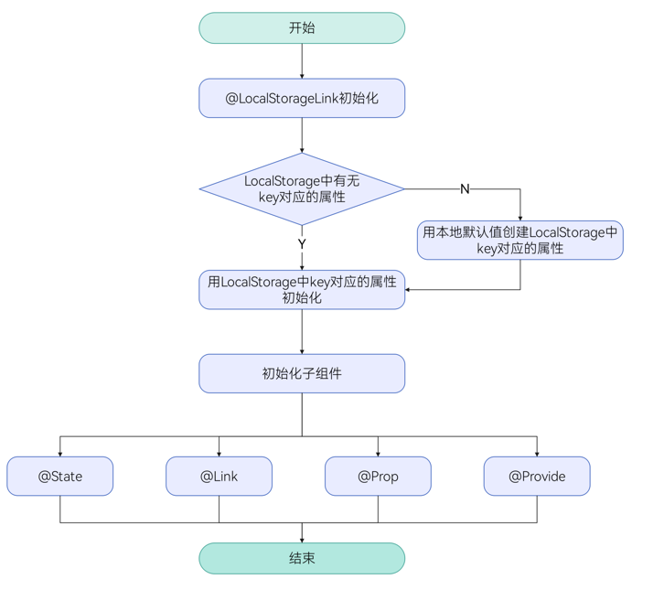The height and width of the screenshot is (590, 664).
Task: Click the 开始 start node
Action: [302, 28]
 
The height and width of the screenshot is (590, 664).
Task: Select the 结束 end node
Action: [302, 558]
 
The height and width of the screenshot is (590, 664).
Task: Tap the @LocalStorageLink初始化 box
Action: [302, 98]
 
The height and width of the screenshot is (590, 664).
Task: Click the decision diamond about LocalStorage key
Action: [302, 189]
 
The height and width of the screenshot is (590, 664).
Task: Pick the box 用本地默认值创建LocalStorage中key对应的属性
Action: [520, 240]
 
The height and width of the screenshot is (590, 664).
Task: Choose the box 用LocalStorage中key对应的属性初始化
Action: [302, 290]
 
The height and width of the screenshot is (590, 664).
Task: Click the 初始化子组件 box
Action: [302, 373]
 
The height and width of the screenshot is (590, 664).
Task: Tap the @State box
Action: [60, 477]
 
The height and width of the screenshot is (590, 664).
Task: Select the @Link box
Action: [220, 477]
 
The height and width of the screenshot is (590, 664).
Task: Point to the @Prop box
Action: [378, 477]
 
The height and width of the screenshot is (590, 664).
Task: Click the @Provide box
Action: [537, 477]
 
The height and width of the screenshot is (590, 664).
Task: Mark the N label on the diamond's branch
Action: [465, 189]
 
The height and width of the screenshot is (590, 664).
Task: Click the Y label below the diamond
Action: [302, 244]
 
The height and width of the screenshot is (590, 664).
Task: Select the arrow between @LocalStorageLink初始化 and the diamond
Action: [302, 134]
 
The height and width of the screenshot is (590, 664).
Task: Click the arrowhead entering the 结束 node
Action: [302, 539]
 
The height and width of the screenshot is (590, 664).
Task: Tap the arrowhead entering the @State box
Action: [60, 453]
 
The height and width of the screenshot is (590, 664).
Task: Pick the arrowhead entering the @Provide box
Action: [537, 453]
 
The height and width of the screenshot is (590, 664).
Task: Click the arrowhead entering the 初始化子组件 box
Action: [302, 350]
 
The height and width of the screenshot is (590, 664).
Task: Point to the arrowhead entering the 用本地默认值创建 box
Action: [520, 217]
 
